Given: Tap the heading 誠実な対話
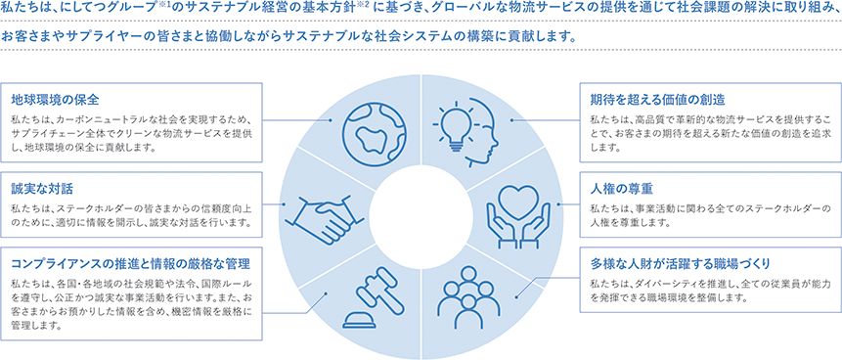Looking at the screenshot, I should coord(43,187).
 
